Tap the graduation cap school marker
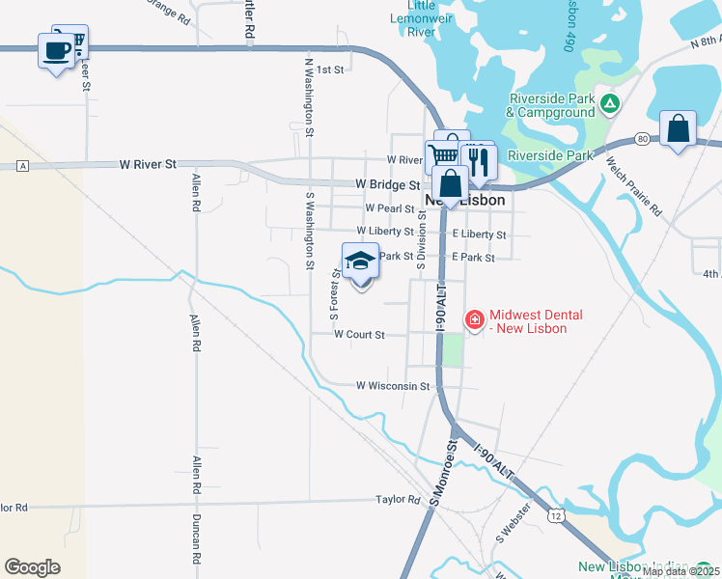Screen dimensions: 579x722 361,262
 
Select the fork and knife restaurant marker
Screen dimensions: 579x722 478,160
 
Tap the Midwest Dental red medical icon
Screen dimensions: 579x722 475,319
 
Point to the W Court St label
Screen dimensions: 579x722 359,335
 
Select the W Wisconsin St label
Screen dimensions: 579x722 392,386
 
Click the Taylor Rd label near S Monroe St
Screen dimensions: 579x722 399,500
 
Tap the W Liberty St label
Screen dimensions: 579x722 385,232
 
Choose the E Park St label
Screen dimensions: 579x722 473,258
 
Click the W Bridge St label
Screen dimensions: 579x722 387,183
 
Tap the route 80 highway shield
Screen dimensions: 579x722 642,140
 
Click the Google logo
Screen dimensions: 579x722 32,567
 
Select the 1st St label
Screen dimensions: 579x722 330,69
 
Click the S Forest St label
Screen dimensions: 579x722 335,295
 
